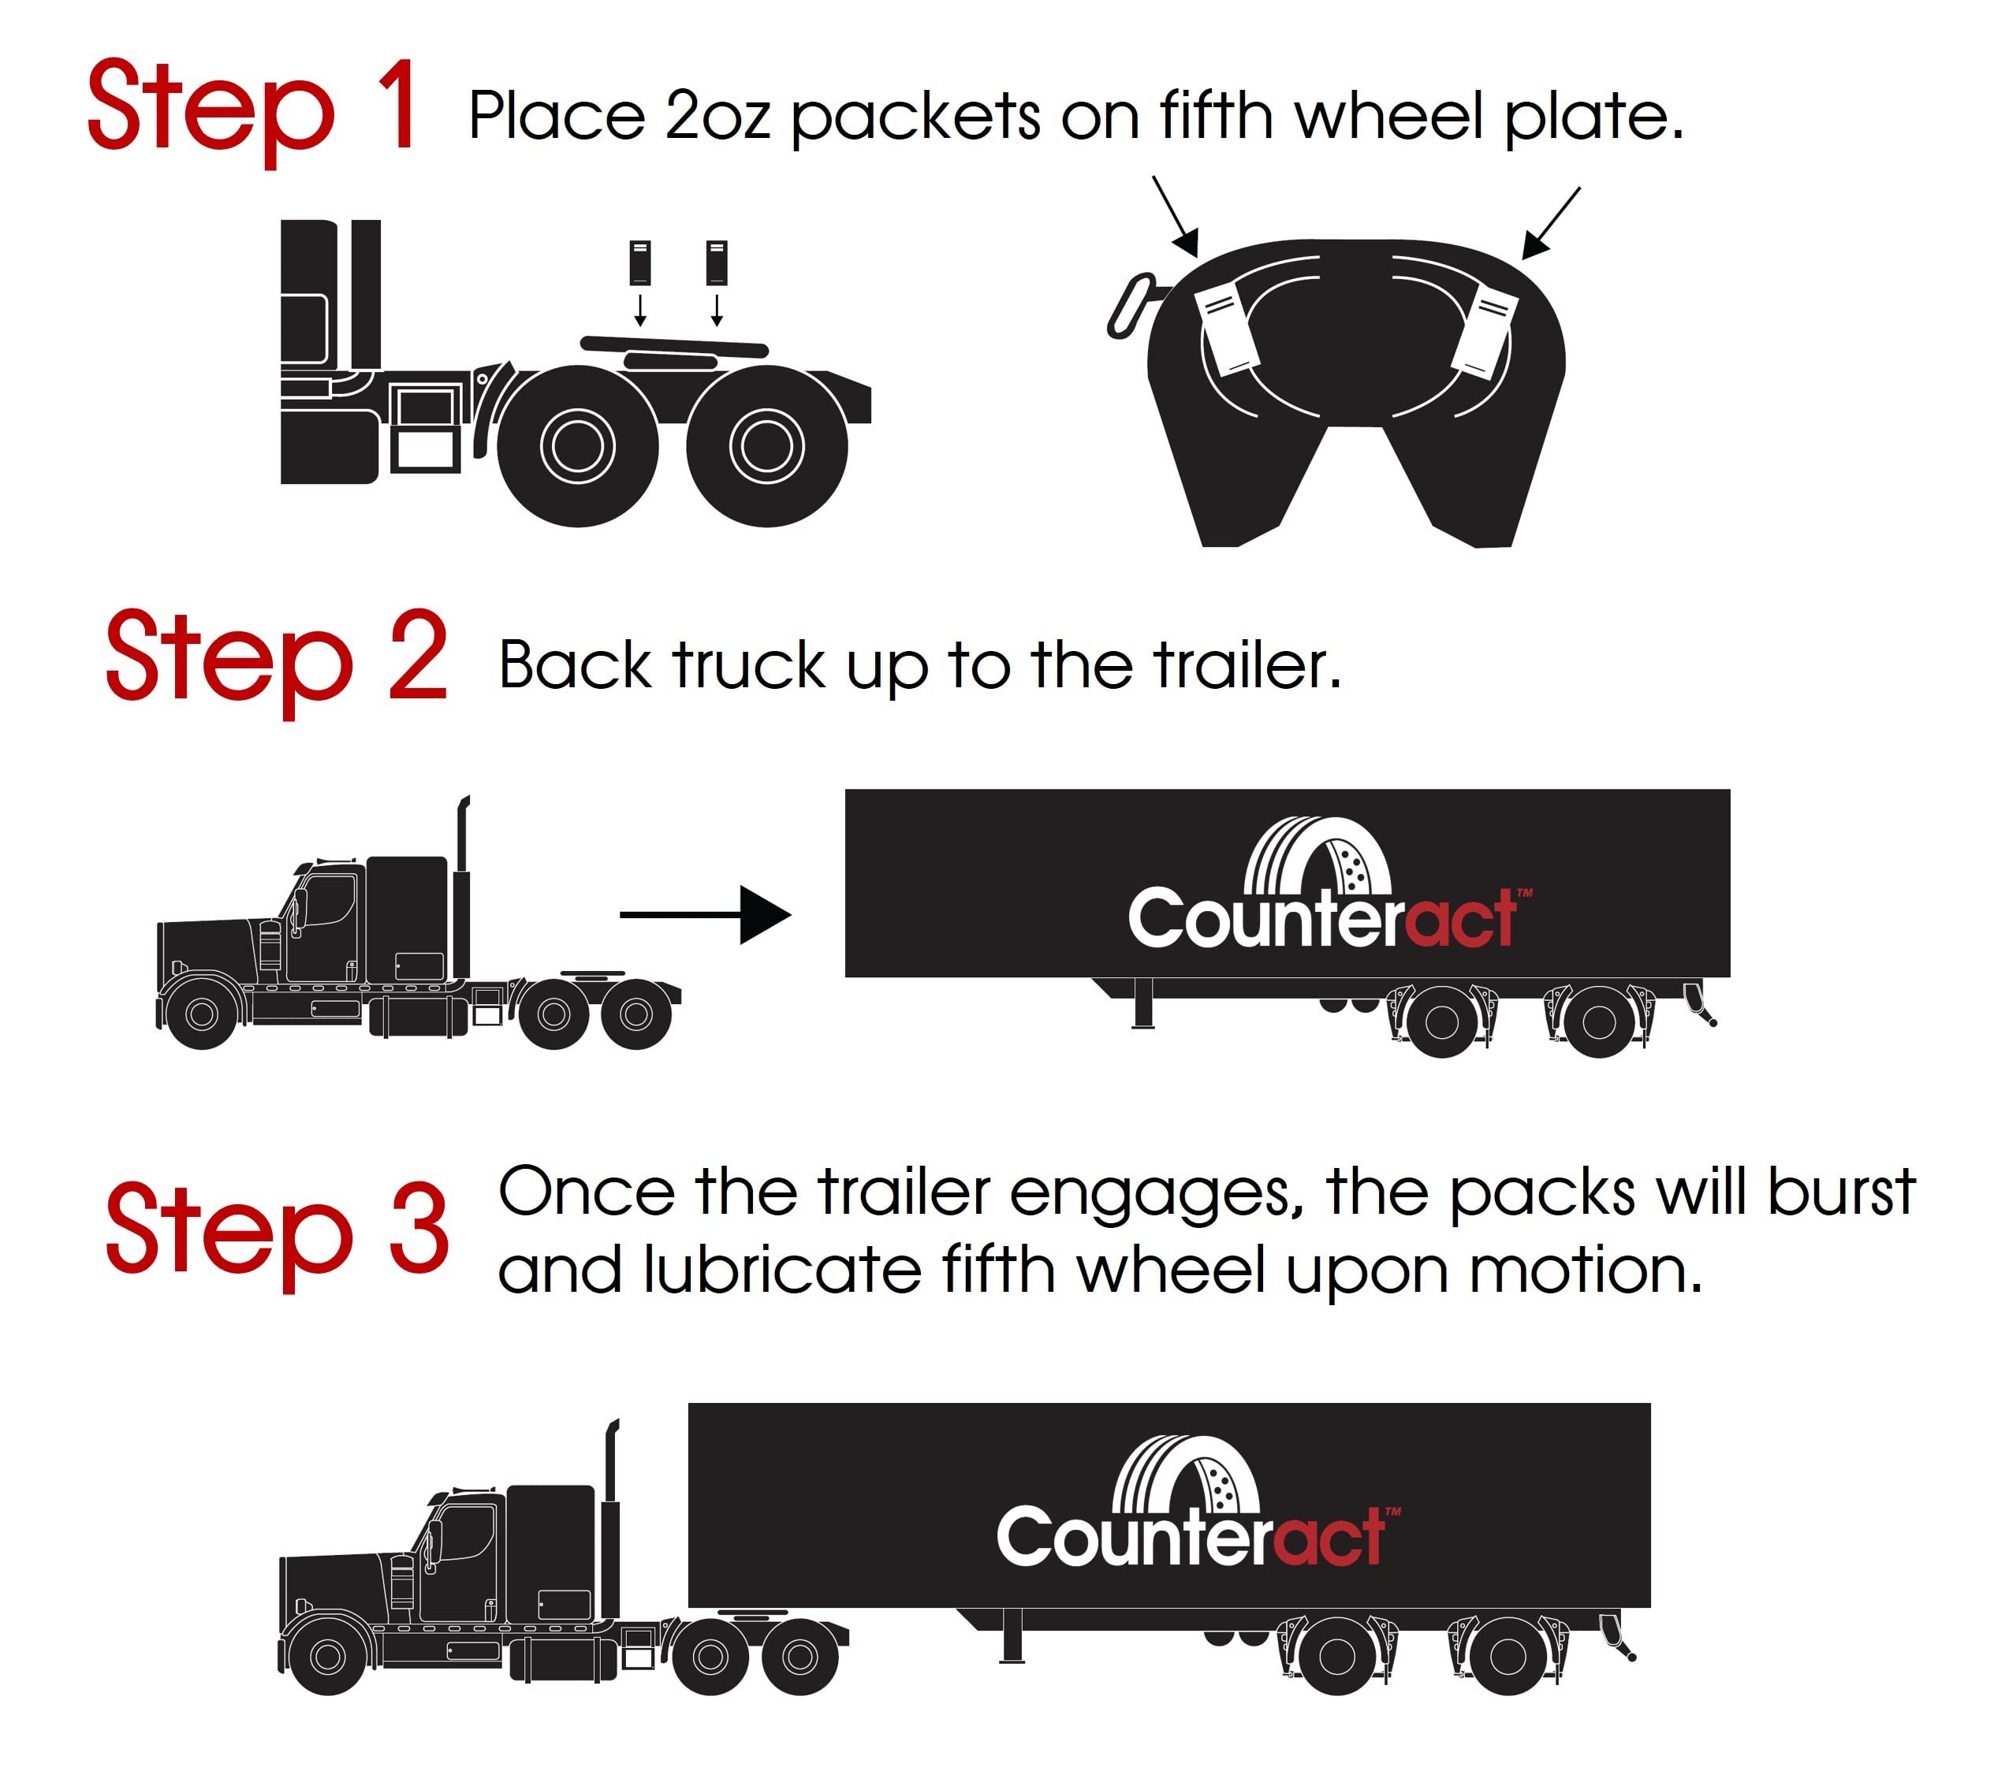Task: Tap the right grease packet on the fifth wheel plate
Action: tap(1485, 332)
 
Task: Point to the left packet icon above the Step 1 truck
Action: tap(640, 262)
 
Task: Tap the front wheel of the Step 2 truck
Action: tap(202, 1014)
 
